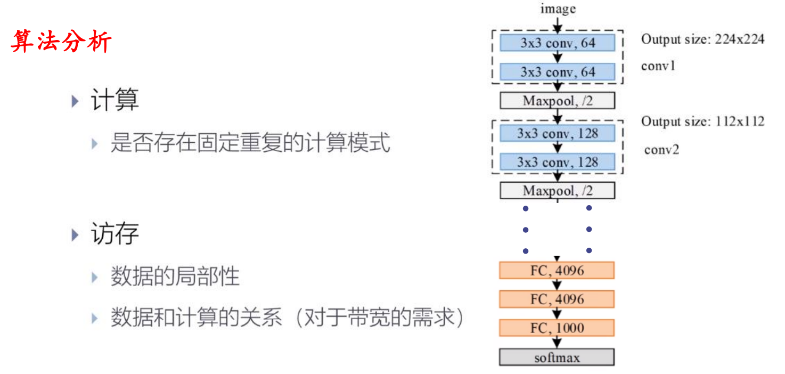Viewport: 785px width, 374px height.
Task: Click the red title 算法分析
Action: pyautogui.click(x=61, y=42)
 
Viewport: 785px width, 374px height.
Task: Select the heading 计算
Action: pyautogui.click(x=115, y=100)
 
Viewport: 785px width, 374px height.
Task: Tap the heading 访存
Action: pyautogui.click(x=115, y=233)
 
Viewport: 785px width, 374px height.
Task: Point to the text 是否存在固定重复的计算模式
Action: pyautogui.click(x=250, y=143)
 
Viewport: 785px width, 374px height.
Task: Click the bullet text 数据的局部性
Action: pyautogui.click(x=175, y=277)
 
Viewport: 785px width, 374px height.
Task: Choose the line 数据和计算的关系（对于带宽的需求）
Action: pyautogui.click(x=288, y=318)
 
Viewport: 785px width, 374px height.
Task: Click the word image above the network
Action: pyautogui.click(x=558, y=9)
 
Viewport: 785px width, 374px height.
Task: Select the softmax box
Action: pyautogui.click(x=557, y=357)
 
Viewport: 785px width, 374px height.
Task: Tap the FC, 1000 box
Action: pyautogui.click(x=557, y=328)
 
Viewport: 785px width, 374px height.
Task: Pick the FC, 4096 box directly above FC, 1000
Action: pyautogui.click(x=557, y=299)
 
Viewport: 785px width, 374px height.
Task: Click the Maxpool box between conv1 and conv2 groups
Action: pyautogui.click(x=557, y=101)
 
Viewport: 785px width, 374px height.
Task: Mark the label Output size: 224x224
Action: pyautogui.click(x=702, y=39)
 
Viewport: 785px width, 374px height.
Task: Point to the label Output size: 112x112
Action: pyautogui.click(x=702, y=121)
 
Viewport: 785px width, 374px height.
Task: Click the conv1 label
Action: pyautogui.click(x=658, y=67)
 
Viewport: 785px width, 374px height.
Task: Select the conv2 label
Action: pyautogui.click(x=661, y=150)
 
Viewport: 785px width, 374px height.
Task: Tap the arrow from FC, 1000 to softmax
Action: pyautogui.click(x=557, y=343)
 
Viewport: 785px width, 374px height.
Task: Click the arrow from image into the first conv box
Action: pyautogui.click(x=557, y=25)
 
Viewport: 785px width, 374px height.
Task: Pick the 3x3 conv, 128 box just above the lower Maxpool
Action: pyautogui.click(x=557, y=162)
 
